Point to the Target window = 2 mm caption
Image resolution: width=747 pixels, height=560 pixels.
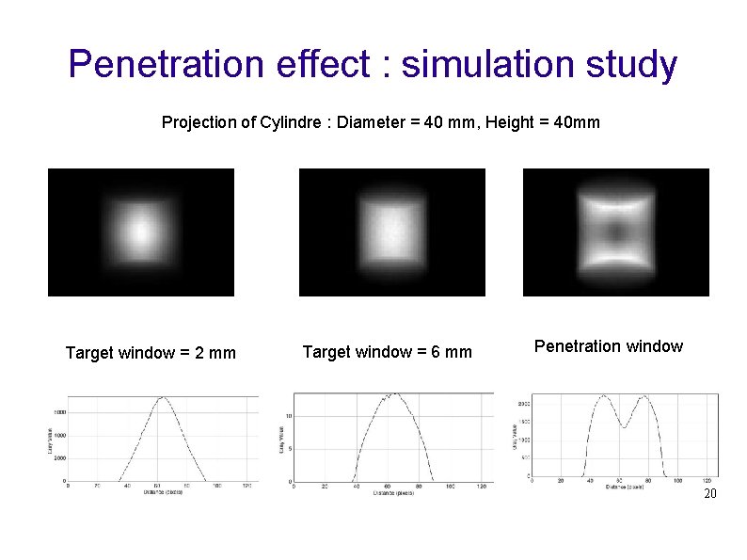pyautogui.click(x=151, y=353)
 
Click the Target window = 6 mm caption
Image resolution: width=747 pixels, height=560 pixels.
pyautogui.click(x=387, y=352)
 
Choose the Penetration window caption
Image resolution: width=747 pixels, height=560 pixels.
pyautogui.click(x=608, y=346)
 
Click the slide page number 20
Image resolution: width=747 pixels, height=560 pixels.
pyautogui.click(x=710, y=494)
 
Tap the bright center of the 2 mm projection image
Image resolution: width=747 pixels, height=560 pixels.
pyautogui.click(x=139, y=231)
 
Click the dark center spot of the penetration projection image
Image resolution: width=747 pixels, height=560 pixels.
pyautogui.click(x=616, y=232)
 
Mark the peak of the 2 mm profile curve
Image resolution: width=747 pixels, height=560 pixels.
pyautogui.click(x=164, y=397)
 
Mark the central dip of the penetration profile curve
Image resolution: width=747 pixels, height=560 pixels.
pyautogui.click(x=624, y=427)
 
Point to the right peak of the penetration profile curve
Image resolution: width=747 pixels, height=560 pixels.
pyautogui.click(x=644, y=396)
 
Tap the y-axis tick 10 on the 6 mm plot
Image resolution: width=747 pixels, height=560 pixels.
pyautogui.click(x=289, y=415)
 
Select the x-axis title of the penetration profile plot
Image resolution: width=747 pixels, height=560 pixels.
pyautogui.click(x=625, y=487)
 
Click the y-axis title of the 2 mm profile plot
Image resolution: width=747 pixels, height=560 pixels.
pyautogui.click(x=49, y=437)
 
